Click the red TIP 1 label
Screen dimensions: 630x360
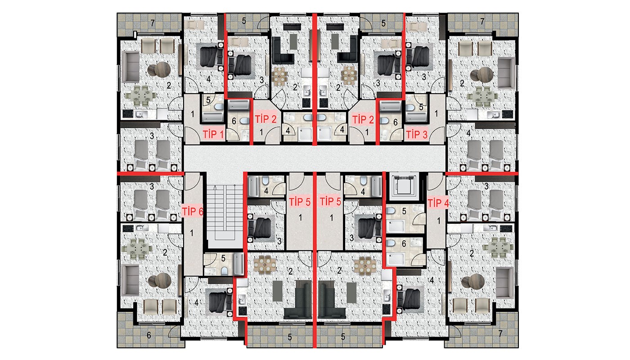(x=213, y=134)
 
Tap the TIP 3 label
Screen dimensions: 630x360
(x=417, y=134)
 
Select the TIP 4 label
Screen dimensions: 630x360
(x=438, y=202)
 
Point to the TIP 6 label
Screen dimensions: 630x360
(x=193, y=211)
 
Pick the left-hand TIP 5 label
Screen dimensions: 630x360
(x=300, y=202)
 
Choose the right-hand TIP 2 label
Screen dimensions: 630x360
(x=363, y=120)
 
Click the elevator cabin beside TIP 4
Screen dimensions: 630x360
(x=404, y=184)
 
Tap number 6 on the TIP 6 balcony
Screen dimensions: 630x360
(x=149, y=335)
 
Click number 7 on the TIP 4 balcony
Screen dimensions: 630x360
(x=500, y=333)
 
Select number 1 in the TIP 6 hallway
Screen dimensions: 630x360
(x=192, y=233)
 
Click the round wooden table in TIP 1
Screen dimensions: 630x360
(x=159, y=69)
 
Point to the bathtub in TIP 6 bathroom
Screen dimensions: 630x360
(x=238, y=264)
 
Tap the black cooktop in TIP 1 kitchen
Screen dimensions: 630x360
(x=128, y=114)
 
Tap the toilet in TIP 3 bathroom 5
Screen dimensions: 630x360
(x=410, y=108)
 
